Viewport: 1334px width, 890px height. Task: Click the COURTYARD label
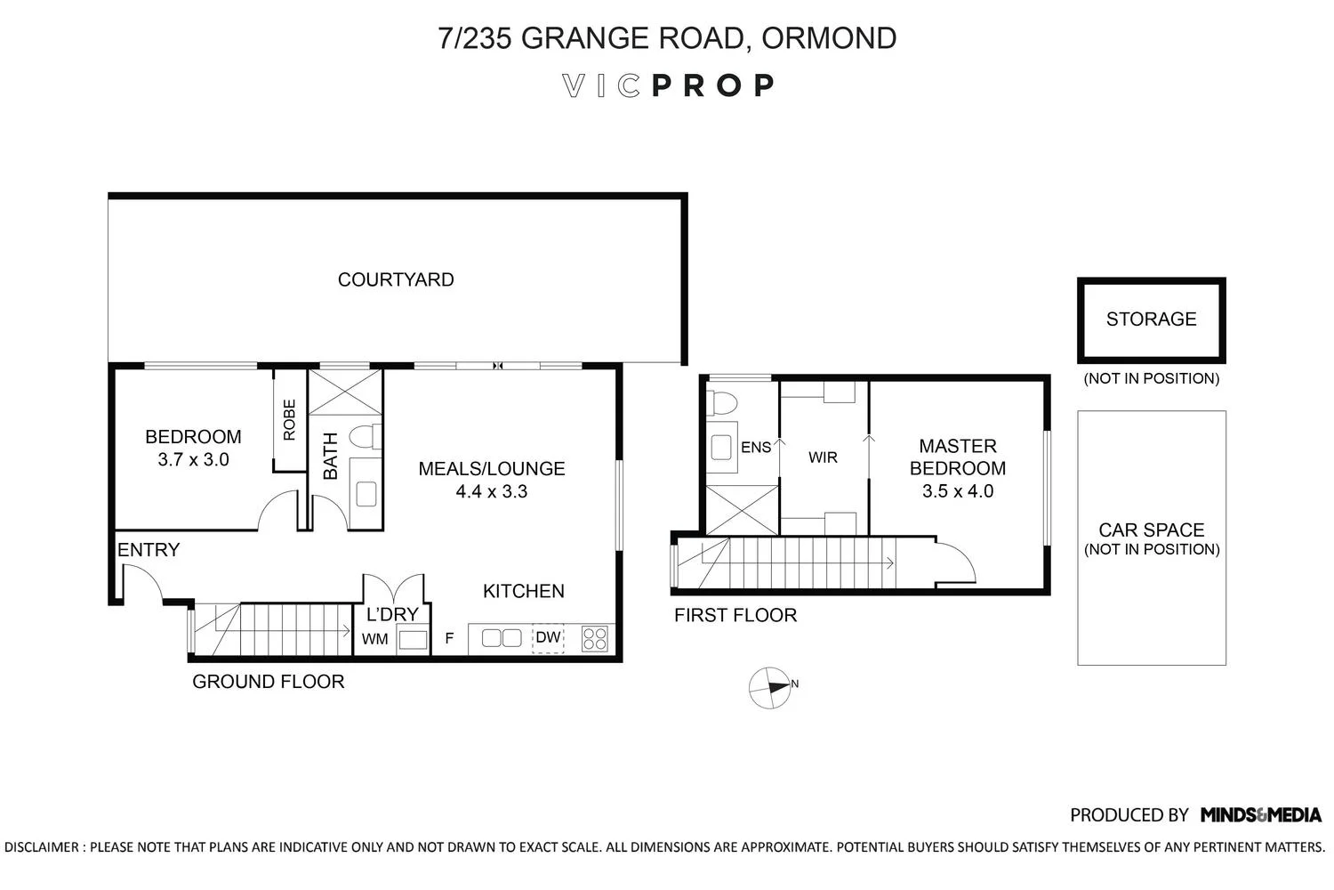click(396, 279)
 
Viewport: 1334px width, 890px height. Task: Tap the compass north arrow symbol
click(770, 687)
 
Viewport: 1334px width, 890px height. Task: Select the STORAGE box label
click(1151, 319)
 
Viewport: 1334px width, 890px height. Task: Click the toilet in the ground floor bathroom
click(365, 436)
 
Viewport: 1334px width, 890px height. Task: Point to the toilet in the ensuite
click(722, 403)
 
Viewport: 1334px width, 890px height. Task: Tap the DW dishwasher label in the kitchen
click(548, 637)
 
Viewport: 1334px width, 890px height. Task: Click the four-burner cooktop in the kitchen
click(594, 638)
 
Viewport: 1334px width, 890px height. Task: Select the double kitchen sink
click(502, 638)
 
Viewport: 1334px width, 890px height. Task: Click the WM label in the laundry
click(374, 639)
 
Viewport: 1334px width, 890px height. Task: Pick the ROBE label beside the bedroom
click(289, 420)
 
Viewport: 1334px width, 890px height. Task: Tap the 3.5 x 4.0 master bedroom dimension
click(958, 491)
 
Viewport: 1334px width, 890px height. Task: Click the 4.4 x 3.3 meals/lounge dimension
click(491, 491)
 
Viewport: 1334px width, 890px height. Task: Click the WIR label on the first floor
click(823, 457)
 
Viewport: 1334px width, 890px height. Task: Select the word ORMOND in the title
click(828, 38)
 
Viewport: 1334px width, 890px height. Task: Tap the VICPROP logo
click(668, 85)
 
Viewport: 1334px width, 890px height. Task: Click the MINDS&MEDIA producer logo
click(1261, 815)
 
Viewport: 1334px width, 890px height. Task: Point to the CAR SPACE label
click(1151, 530)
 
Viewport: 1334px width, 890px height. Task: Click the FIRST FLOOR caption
click(735, 615)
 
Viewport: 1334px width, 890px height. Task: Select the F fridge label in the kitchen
click(450, 638)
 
